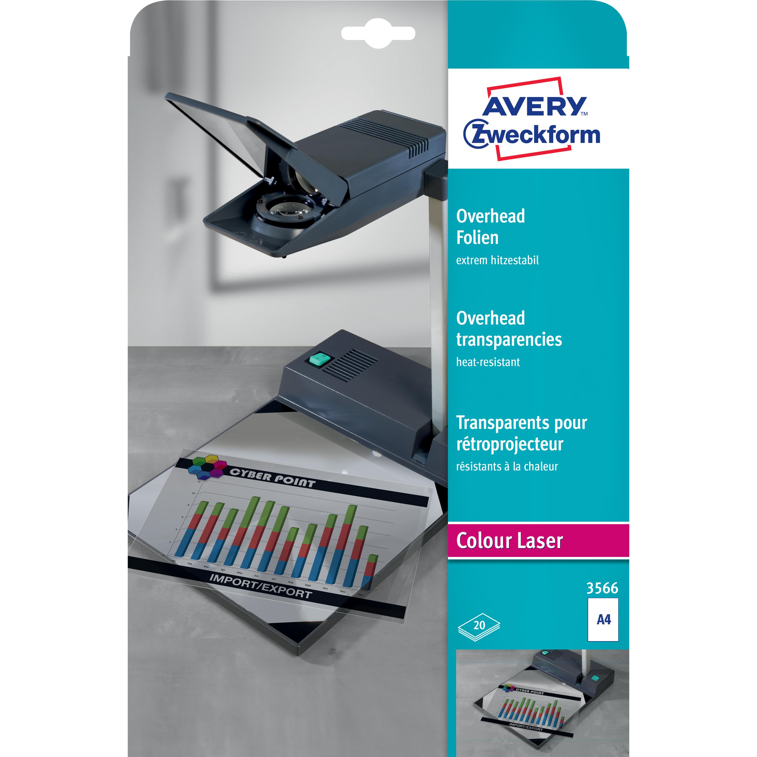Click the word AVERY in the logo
(x=534, y=105)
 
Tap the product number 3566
(x=602, y=588)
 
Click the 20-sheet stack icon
(x=479, y=626)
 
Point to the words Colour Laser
(x=509, y=541)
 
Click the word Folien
(x=477, y=238)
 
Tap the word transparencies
(x=509, y=339)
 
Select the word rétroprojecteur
(x=509, y=444)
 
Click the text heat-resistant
(x=488, y=362)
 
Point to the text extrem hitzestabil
(x=497, y=260)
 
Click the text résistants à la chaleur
(x=507, y=466)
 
